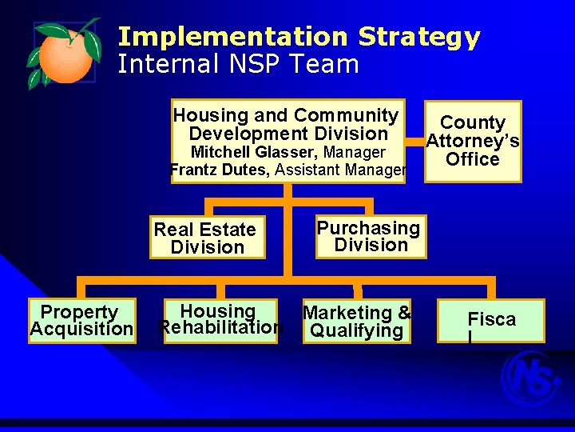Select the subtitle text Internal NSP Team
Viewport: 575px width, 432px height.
pyautogui.click(x=238, y=64)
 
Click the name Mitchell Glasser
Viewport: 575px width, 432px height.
pyautogui.click(x=254, y=152)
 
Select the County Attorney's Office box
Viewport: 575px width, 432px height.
pyautogui.click(x=473, y=141)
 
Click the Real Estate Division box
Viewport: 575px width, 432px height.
pyautogui.click(x=207, y=238)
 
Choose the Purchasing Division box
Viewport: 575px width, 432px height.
pyautogui.click(x=369, y=236)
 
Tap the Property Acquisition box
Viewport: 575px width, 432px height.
pyautogui.click(x=81, y=321)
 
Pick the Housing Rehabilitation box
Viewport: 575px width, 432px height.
pyautogui.click(x=220, y=319)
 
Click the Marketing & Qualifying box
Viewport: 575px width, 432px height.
pyautogui.click(x=357, y=322)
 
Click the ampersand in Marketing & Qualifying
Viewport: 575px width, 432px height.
pyautogui.click(x=404, y=313)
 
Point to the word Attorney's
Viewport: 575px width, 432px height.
pyautogui.click(x=473, y=142)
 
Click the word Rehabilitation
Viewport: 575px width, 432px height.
pyautogui.click(x=221, y=327)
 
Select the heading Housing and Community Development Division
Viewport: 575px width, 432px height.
pyautogui.click(x=287, y=125)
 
